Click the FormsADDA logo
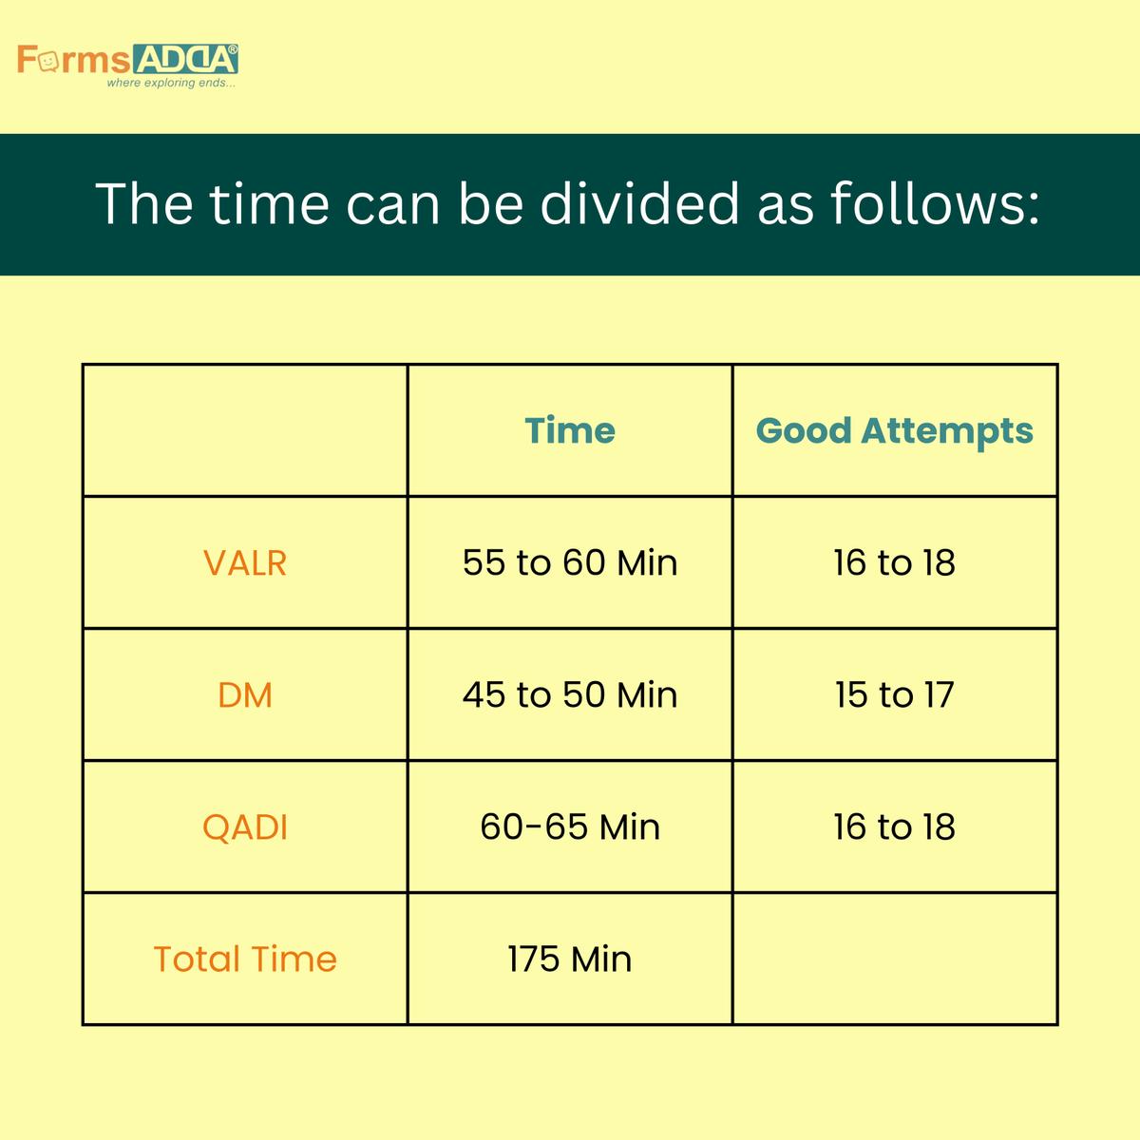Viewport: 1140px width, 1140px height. (127, 60)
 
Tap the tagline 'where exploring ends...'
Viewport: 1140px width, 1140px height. (171, 84)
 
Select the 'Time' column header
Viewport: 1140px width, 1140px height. (570, 430)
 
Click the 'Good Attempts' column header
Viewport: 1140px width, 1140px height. (894, 430)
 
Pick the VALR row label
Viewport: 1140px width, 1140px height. (245, 562)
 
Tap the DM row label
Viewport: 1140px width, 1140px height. (245, 694)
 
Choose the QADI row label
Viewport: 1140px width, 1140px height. (245, 826)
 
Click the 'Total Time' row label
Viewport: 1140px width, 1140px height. (245, 959)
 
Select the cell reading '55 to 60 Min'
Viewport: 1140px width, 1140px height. (570, 562)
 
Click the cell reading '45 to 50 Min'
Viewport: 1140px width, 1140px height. (570, 694)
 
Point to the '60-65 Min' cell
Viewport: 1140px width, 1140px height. (570, 826)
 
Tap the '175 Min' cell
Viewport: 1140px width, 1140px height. (570, 959)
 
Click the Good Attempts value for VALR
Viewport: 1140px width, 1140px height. (894, 562)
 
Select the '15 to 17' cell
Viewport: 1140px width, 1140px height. (894, 694)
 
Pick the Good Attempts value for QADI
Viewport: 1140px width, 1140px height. (894, 826)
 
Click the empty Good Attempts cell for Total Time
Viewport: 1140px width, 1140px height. (894, 959)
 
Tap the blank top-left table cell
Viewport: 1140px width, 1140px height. (245, 430)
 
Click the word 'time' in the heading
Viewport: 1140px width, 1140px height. (269, 203)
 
